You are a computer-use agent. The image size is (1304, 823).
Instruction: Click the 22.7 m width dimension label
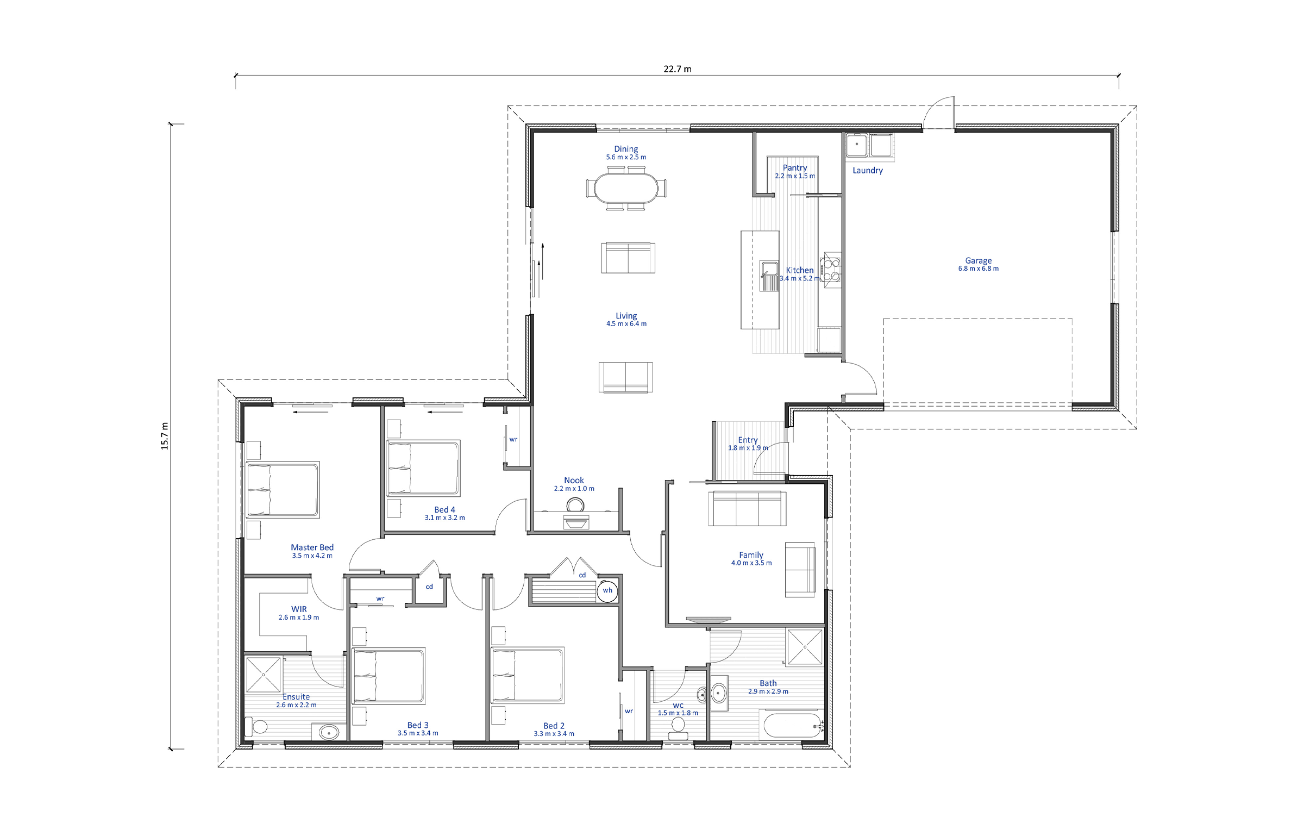point(677,69)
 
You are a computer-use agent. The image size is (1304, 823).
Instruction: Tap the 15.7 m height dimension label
point(165,436)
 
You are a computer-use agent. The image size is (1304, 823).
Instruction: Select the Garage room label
point(978,260)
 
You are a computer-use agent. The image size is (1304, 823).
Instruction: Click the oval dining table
point(626,188)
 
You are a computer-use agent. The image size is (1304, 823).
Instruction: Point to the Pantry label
point(794,168)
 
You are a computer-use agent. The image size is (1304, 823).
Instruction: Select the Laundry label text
point(867,171)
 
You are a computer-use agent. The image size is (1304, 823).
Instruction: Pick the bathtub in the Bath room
point(794,725)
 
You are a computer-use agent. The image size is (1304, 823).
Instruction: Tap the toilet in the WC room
point(678,727)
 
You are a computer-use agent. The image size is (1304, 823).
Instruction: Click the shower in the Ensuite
point(263,674)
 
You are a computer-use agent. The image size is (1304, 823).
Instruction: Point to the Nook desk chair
point(574,506)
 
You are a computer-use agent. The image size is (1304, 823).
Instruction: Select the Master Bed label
point(312,547)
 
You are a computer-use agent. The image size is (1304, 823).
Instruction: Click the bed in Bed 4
point(423,469)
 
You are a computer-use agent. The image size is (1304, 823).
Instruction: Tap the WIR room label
point(299,609)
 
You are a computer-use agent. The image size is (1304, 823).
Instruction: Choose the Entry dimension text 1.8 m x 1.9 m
point(748,448)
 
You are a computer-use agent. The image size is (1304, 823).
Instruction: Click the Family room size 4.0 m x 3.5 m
point(751,563)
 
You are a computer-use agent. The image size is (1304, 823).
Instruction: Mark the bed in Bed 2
point(527,675)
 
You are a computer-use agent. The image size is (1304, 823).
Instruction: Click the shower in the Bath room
point(805,646)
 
